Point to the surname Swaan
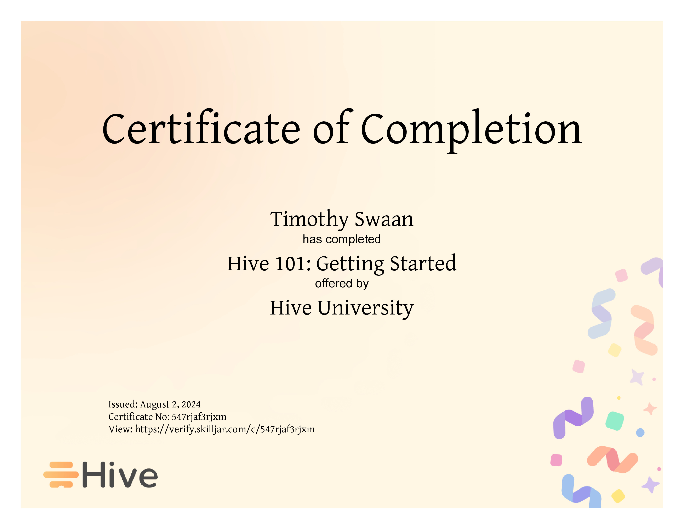coord(384,219)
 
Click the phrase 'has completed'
coord(342,239)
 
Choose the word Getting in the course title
coord(350,264)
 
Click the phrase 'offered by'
coord(342,284)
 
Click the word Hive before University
coord(291,308)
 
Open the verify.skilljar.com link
coord(225,429)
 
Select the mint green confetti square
coord(615,421)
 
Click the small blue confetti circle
coord(640,433)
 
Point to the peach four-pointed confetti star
coord(650,409)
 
